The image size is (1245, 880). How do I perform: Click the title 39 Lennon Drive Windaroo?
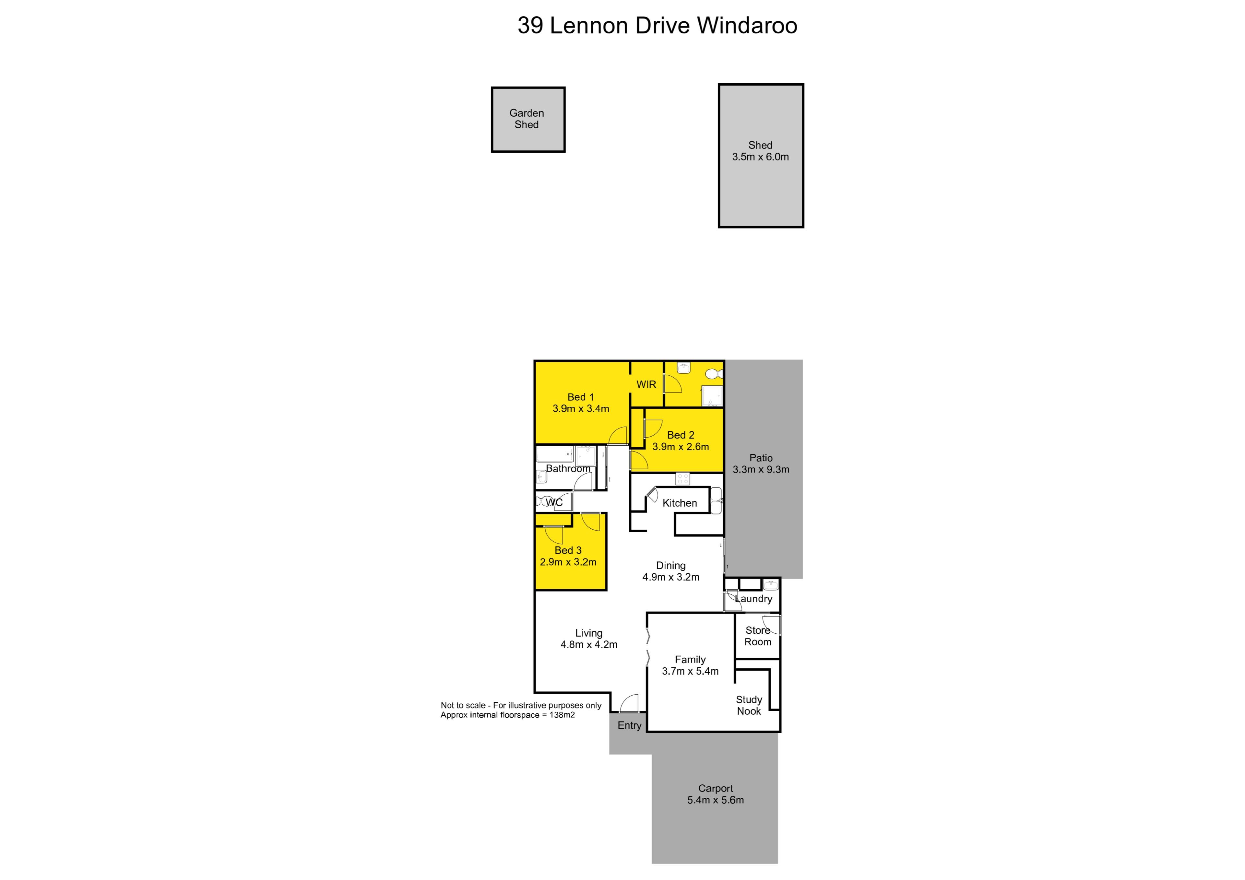(x=657, y=26)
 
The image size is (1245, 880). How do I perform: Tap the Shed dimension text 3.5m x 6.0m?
(x=760, y=157)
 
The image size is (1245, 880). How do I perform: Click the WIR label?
(x=646, y=384)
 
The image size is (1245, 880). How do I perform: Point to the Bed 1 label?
(x=581, y=397)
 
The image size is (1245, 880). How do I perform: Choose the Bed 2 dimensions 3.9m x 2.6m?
(x=681, y=447)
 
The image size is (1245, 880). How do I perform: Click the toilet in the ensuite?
(x=715, y=374)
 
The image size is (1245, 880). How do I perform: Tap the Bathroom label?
(x=568, y=468)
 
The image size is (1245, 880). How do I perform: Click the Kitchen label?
(x=680, y=503)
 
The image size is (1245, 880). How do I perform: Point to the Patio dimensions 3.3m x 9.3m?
(x=761, y=470)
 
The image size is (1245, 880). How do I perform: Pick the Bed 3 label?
(x=568, y=550)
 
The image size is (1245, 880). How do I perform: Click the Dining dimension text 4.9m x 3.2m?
(x=671, y=577)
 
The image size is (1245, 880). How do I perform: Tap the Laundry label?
(x=754, y=599)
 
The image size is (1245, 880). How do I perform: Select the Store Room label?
(x=757, y=636)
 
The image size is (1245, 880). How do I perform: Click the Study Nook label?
(x=749, y=705)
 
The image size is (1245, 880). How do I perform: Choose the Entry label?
(x=630, y=725)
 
